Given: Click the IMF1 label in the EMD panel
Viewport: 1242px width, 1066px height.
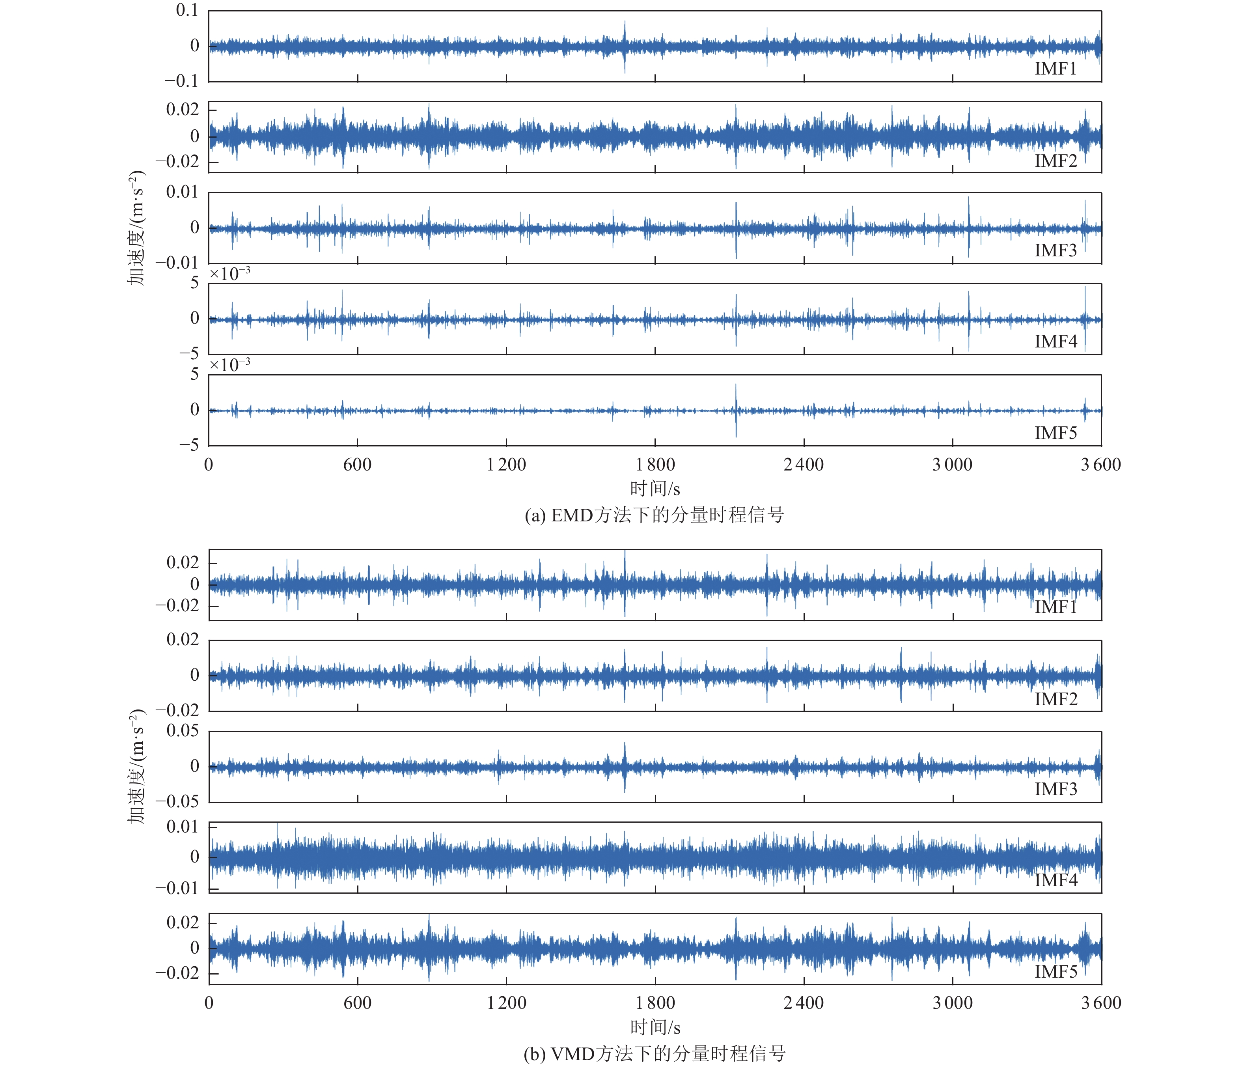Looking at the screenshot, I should (x=1055, y=69).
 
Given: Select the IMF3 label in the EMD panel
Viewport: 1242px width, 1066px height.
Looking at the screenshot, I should (x=1055, y=250).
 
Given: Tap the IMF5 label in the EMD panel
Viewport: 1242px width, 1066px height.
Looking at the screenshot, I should (x=1055, y=433).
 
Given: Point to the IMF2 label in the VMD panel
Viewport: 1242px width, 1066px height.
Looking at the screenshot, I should (x=1055, y=699).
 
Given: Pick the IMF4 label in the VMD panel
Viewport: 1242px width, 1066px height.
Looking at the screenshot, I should (x=1055, y=880).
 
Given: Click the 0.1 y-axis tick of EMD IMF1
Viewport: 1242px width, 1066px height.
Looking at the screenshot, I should (x=186, y=10).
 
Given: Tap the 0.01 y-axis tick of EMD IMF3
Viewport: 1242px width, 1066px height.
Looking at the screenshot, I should (x=182, y=192).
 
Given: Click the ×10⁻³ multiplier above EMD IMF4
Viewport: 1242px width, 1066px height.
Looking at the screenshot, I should (x=229, y=274).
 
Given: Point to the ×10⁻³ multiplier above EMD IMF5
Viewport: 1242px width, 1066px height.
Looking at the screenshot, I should (x=229, y=365).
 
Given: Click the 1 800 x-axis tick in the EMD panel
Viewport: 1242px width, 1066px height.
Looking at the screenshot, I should (x=655, y=465).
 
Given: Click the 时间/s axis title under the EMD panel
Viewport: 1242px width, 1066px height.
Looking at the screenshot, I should (x=655, y=489).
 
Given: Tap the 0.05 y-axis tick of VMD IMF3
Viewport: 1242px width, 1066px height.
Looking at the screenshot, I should (x=182, y=731).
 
